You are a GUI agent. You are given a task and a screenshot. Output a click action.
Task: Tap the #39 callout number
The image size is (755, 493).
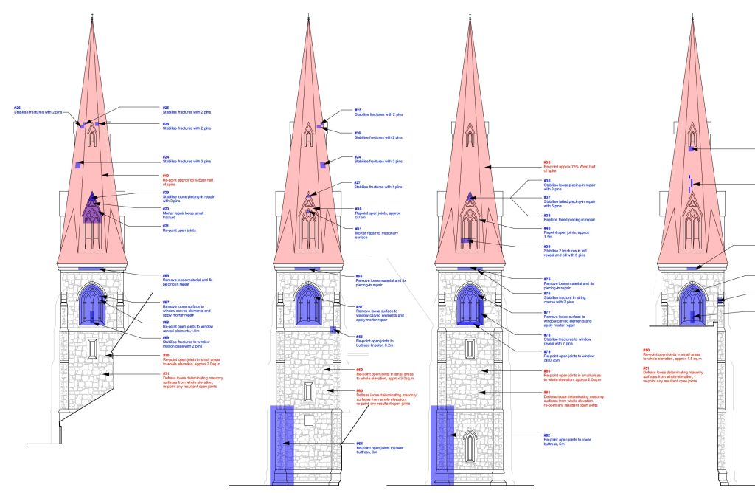coord(546,246)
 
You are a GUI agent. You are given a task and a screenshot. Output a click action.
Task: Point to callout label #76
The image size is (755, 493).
coord(546,293)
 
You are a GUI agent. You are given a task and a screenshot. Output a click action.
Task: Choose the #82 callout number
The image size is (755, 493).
coord(546,435)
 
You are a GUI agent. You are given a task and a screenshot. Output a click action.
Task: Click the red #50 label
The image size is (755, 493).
coord(646,351)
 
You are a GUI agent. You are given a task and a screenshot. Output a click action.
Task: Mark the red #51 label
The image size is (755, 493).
coord(646,368)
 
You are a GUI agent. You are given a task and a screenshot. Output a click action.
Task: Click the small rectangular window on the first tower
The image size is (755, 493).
coord(92,348)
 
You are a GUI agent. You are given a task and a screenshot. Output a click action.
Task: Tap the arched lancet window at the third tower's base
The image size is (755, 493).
coord(469,446)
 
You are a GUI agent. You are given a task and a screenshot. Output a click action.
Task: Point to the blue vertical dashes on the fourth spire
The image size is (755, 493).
coord(689,184)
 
